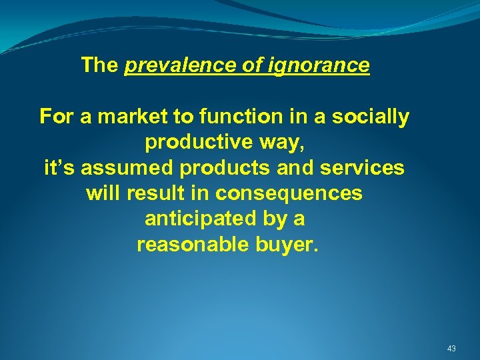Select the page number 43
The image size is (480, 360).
click(x=451, y=348)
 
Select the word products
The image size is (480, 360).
click(x=226, y=169)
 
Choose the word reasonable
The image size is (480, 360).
click(x=193, y=245)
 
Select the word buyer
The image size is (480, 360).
click(x=288, y=245)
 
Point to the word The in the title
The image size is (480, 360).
click(x=99, y=65)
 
